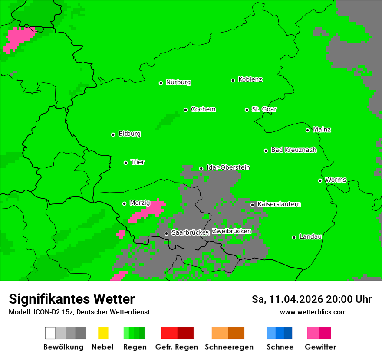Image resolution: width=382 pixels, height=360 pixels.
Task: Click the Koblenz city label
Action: (x=250, y=80)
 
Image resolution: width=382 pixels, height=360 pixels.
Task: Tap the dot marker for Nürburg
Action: (x=161, y=83)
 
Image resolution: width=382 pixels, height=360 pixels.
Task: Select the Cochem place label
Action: (x=203, y=109)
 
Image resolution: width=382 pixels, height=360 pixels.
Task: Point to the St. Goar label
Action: (x=264, y=109)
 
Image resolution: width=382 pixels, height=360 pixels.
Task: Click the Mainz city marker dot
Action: (x=307, y=130)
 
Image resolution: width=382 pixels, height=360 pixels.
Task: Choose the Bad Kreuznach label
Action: (x=293, y=150)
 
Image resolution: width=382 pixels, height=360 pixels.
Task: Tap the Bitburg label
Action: (x=129, y=134)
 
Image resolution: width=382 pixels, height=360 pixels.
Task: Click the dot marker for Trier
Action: (x=125, y=163)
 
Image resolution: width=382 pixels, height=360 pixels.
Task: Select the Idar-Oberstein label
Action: (x=228, y=168)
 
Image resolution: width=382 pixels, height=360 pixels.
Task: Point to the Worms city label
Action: (x=336, y=180)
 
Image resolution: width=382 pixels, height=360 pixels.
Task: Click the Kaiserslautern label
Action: (x=279, y=204)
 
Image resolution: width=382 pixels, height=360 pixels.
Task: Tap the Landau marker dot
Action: (x=294, y=237)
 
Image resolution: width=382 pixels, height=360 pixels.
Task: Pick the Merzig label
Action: (x=140, y=203)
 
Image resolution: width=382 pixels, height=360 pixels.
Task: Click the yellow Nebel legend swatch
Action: (x=103, y=333)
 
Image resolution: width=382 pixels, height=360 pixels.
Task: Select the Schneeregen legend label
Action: (x=229, y=347)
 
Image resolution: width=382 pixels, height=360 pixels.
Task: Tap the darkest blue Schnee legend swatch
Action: (x=288, y=333)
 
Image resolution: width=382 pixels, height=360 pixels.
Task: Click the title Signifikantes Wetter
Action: (x=72, y=299)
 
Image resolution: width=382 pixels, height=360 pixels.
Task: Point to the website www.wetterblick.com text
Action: (x=313, y=312)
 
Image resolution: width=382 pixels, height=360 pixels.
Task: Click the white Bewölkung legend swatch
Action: (x=50, y=333)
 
